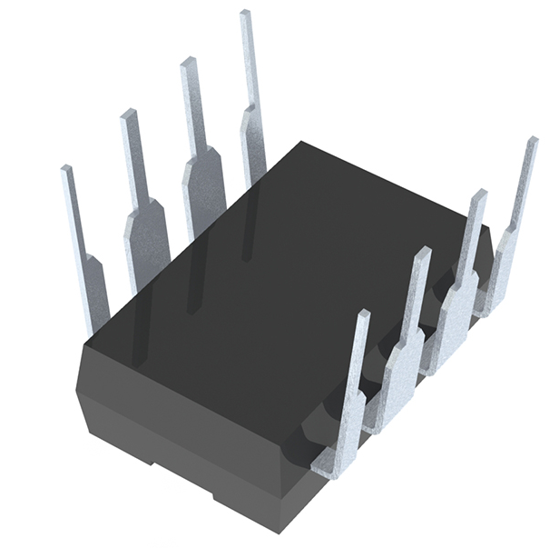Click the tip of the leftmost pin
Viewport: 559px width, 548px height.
pos(66,171)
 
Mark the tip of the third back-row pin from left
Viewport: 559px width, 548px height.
pos(189,64)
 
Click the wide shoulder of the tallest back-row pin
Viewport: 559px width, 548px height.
pos(254,141)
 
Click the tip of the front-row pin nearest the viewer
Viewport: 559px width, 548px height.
pos(361,316)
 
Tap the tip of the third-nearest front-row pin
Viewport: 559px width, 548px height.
pos(477,195)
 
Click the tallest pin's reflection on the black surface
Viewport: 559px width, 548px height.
pos(246,227)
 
